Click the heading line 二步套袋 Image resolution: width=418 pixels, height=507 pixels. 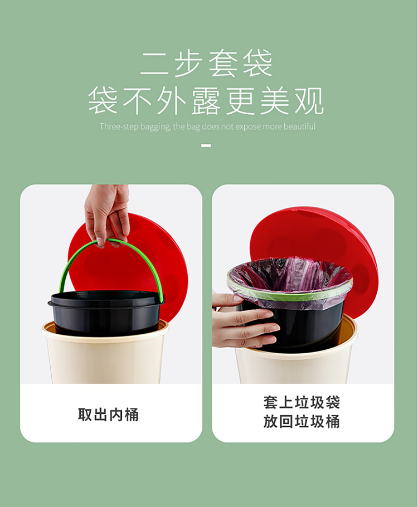click(x=206, y=64)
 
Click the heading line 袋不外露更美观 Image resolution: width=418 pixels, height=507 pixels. click(x=206, y=101)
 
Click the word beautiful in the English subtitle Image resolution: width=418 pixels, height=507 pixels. click(x=299, y=126)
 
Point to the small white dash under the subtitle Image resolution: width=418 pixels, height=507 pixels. click(x=206, y=146)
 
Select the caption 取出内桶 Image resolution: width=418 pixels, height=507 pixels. click(x=108, y=415)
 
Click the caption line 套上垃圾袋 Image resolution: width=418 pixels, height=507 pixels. click(x=302, y=403)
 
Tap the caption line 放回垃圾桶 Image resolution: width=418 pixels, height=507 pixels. click(x=302, y=422)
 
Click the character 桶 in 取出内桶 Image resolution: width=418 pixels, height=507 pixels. click(x=132, y=415)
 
